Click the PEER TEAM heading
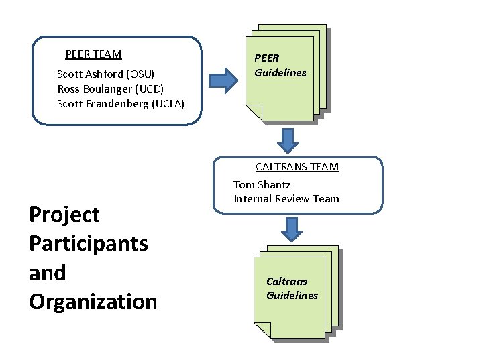tap(93, 54)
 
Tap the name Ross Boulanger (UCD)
tap(111, 88)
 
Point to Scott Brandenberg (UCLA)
tap(121, 103)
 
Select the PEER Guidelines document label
tap(280, 66)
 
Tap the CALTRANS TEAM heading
tap(297, 167)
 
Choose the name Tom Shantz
tap(262, 184)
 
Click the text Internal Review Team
tap(286, 198)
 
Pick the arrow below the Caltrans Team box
tap(291, 229)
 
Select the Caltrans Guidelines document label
tap(292, 288)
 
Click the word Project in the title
tap(64, 215)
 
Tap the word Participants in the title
tap(89, 243)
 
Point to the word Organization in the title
tap(93, 302)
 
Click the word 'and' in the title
tap(48, 273)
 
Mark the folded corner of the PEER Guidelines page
tap(254, 113)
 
